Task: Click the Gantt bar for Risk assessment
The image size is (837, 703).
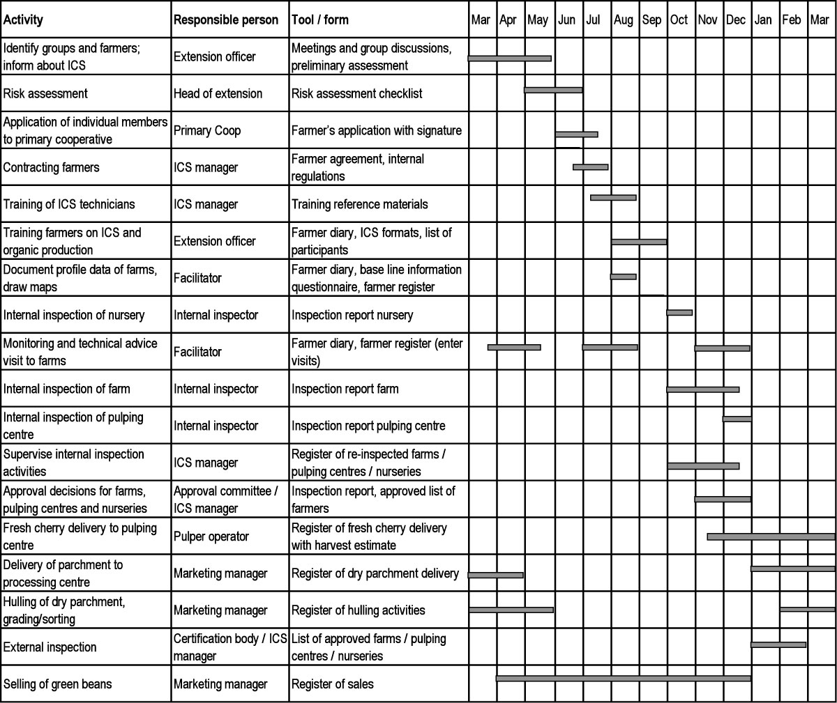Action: [x=553, y=90]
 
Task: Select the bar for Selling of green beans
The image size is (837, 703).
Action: [x=623, y=678]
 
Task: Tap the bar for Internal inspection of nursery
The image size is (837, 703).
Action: [x=679, y=313]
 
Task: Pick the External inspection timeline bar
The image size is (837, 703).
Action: [x=778, y=644]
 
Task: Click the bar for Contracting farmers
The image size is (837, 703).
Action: [x=590, y=167]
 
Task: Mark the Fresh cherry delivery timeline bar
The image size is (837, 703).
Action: [x=771, y=536]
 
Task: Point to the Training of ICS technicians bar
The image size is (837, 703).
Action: [x=613, y=198]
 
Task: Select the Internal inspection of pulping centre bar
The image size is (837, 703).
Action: [x=737, y=419]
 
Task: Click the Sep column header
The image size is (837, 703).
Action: [x=651, y=20]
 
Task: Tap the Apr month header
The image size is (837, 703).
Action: [x=508, y=20]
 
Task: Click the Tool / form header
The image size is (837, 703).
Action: [x=321, y=20]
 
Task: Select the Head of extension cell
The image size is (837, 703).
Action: [x=218, y=93]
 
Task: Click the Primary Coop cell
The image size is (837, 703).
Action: [x=207, y=130]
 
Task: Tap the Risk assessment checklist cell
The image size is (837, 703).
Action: [x=356, y=93]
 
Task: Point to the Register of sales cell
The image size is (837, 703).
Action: [x=332, y=684]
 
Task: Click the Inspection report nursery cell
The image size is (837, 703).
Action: [x=352, y=315]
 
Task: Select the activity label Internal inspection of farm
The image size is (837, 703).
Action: [x=66, y=389]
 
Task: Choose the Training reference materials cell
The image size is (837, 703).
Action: [x=359, y=204]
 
